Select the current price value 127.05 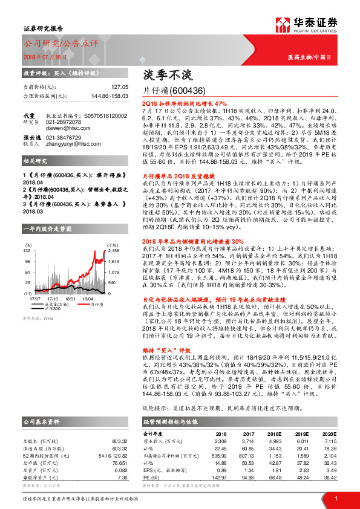tap(119, 86)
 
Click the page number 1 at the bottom tap(335, 498)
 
